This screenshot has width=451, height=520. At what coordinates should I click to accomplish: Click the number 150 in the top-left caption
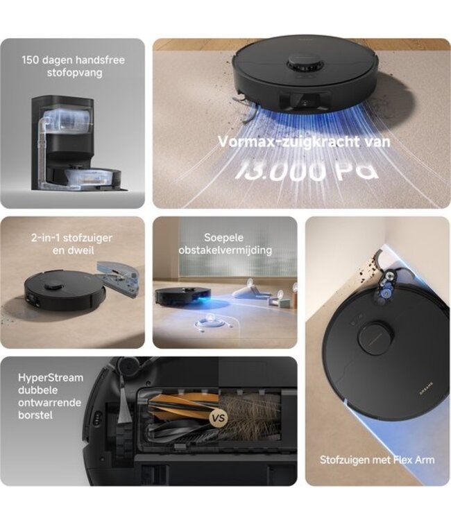[x=31, y=60]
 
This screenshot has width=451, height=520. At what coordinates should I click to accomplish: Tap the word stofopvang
[x=74, y=73]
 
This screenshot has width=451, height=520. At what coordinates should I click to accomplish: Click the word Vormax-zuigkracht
[x=283, y=142]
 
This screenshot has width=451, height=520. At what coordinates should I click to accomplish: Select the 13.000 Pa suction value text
[x=307, y=171]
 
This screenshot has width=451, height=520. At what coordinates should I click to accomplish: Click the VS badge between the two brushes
[x=219, y=418]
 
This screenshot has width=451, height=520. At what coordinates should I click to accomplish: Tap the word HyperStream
[x=51, y=378]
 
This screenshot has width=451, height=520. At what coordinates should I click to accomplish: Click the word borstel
[x=35, y=415]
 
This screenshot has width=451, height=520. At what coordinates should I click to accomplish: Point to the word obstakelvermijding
[x=225, y=250]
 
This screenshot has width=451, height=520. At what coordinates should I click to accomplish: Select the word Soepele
[x=223, y=237]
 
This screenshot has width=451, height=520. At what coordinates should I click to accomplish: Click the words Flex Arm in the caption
[x=414, y=460]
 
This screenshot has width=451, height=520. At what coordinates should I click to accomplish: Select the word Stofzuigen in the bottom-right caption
[x=344, y=460]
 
